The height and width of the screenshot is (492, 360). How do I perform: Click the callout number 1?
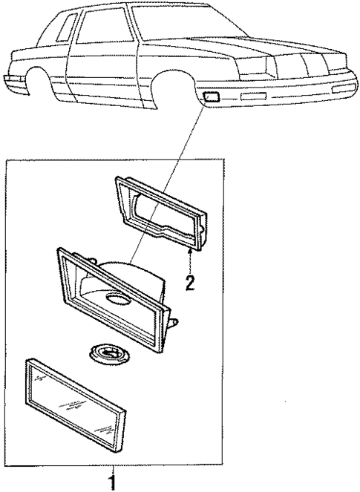[x=113, y=482]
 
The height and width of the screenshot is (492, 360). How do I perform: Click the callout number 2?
[x=191, y=283]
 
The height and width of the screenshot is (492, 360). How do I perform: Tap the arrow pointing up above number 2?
[x=191, y=259]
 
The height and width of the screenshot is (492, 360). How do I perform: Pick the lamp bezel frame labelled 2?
[x=162, y=211]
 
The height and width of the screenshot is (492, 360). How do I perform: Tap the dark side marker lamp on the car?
[x=210, y=95]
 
